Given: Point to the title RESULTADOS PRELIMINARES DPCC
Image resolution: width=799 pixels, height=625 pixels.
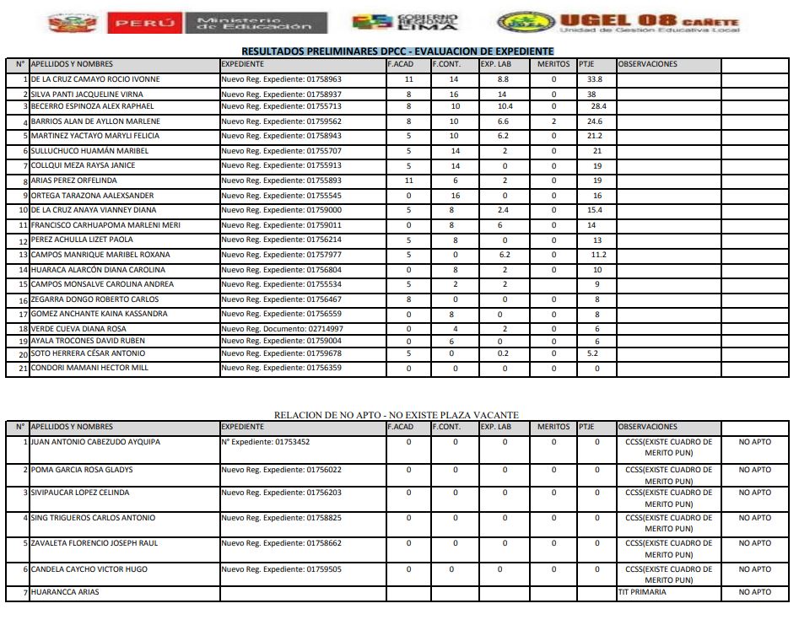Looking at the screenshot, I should coord(397,51).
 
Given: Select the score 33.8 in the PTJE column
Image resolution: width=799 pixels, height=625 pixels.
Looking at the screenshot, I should coord(595,79).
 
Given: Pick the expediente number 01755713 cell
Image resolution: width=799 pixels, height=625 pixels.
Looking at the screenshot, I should coord(281,107).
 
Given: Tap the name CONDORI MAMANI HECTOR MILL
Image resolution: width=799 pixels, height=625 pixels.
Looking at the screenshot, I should coord(89,369).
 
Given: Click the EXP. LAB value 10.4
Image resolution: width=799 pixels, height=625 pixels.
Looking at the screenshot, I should coord(505,107).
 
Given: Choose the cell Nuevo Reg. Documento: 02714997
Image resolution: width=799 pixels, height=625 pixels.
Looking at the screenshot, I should coord(282,329).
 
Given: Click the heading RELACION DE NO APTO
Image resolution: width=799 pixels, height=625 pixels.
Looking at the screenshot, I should coord(397,415).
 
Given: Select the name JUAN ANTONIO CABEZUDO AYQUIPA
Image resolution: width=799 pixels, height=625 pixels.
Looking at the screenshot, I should coord(94,442).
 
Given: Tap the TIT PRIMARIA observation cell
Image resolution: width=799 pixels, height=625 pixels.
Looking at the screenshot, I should coord(642,592).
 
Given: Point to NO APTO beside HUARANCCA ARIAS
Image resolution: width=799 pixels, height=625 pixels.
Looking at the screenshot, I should coord(754,592).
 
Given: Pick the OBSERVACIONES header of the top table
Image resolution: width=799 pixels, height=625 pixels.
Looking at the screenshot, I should coord(647,64).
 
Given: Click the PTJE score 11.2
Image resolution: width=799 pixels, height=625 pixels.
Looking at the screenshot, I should coord(598,255).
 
